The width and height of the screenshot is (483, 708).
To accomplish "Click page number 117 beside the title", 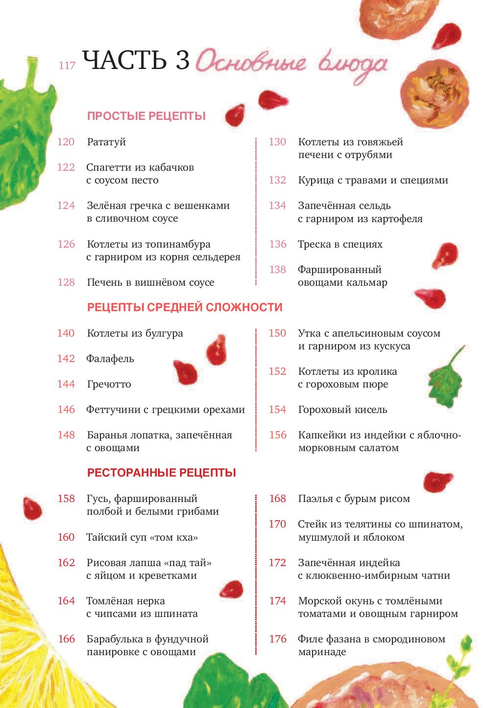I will tap(67, 65).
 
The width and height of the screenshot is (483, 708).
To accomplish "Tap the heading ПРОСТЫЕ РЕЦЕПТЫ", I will tap(146, 116).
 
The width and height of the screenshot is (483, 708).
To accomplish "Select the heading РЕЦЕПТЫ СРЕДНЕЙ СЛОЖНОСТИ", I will tap(185, 307).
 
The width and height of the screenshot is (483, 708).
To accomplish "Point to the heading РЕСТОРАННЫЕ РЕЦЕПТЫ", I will tap(162, 473).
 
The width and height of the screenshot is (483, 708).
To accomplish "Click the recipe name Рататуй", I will tap(106, 142).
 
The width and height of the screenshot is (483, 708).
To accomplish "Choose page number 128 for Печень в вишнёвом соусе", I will tap(66, 282).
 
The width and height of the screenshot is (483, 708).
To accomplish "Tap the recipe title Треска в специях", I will tap(340, 244).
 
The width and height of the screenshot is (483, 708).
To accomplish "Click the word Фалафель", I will tap(110, 359).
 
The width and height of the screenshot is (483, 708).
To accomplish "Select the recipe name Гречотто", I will tap(109, 384).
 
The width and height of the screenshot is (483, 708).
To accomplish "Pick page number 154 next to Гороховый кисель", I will tap(277, 410).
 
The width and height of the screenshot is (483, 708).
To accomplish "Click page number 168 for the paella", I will tap(277, 499).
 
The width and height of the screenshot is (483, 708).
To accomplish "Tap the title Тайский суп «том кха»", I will tap(142, 537).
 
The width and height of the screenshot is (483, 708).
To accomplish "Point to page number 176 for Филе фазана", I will tap(277, 639).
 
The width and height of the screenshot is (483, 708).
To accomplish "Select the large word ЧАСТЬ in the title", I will tap(124, 60).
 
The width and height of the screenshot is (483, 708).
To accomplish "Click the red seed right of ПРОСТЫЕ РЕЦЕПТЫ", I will tap(236, 115).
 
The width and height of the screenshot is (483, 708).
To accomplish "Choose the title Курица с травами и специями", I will tap(373, 180).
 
